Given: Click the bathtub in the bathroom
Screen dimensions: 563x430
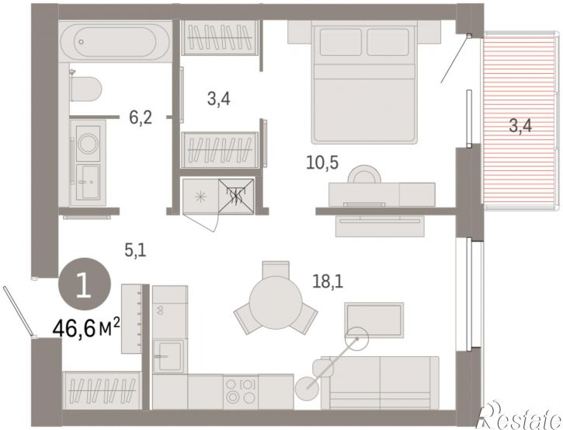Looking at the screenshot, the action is tap(115, 42).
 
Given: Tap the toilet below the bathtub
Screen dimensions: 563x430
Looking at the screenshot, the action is tap(85, 89).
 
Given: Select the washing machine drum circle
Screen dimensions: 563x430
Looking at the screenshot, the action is tap(88, 143).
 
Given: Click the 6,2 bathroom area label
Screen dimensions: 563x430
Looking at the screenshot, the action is tap(141, 117).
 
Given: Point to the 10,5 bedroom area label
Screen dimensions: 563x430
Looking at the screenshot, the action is tap(322, 163).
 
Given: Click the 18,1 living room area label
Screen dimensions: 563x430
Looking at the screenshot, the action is tap(328, 281).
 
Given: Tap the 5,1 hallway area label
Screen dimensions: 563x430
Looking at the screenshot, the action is tap(135, 250).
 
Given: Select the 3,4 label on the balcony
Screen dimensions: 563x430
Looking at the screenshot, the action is tap(520, 126).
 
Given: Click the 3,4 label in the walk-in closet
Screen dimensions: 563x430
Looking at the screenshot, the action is tap(218, 99).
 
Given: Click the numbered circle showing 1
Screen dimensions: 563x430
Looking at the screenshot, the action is tap(85, 285).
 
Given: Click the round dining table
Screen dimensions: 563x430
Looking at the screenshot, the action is tap(276, 302).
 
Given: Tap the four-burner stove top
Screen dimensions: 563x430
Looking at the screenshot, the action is tap(241, 392).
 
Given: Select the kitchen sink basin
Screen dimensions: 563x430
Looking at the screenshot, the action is tap(169, 355).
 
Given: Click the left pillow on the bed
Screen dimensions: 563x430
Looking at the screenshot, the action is tap(340, 42).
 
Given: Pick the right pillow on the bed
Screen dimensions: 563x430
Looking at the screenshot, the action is tap(387, 42).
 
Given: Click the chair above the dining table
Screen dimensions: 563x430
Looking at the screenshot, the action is tap(276, 269).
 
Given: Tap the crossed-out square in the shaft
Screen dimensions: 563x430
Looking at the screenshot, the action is tap(236, 196).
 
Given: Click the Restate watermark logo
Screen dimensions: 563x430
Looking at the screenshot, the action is tap(520, 416).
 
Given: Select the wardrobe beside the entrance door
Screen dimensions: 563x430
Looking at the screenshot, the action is tap(102, 391).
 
